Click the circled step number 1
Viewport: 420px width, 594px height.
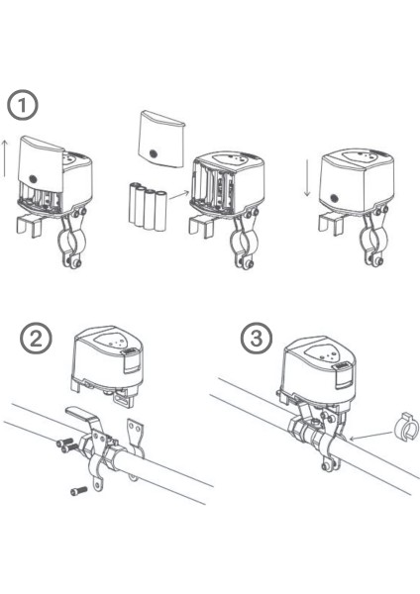coord(23,105)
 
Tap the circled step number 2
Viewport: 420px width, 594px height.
coord(36,339)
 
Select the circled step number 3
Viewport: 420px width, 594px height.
coord(257,339)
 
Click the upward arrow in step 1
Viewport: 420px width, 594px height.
coord(5,158)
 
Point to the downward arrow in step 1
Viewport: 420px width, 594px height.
coord(307,178)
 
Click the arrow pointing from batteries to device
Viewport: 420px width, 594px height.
coord(179,195)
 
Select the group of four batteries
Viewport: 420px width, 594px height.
coord(148,207)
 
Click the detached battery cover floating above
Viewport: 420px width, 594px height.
coord(160,139)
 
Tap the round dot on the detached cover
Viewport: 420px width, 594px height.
coord(154,153)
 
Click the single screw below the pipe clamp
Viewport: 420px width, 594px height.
coord(79,491)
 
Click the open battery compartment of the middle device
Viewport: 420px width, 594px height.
coord(212,187)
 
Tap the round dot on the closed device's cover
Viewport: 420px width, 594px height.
coord(335,197)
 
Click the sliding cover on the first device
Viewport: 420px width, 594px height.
coord(41,166)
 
